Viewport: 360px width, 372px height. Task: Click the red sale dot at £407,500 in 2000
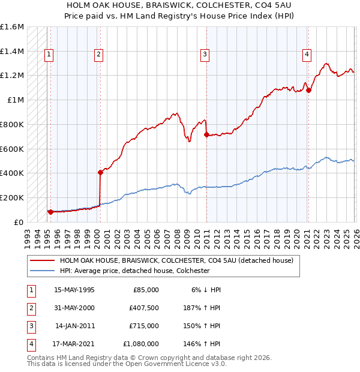point(101,172)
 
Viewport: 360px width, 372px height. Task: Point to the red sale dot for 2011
point(206,135)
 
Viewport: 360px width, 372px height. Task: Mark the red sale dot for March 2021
point(309,91)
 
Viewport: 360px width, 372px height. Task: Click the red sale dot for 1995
point(50,212)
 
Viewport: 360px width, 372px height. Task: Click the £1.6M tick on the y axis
point(12,27)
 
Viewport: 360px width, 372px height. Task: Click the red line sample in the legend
point(43,261)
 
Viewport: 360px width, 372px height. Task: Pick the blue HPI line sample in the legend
point(43,271)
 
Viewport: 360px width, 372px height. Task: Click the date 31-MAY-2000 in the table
point(74,308)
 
